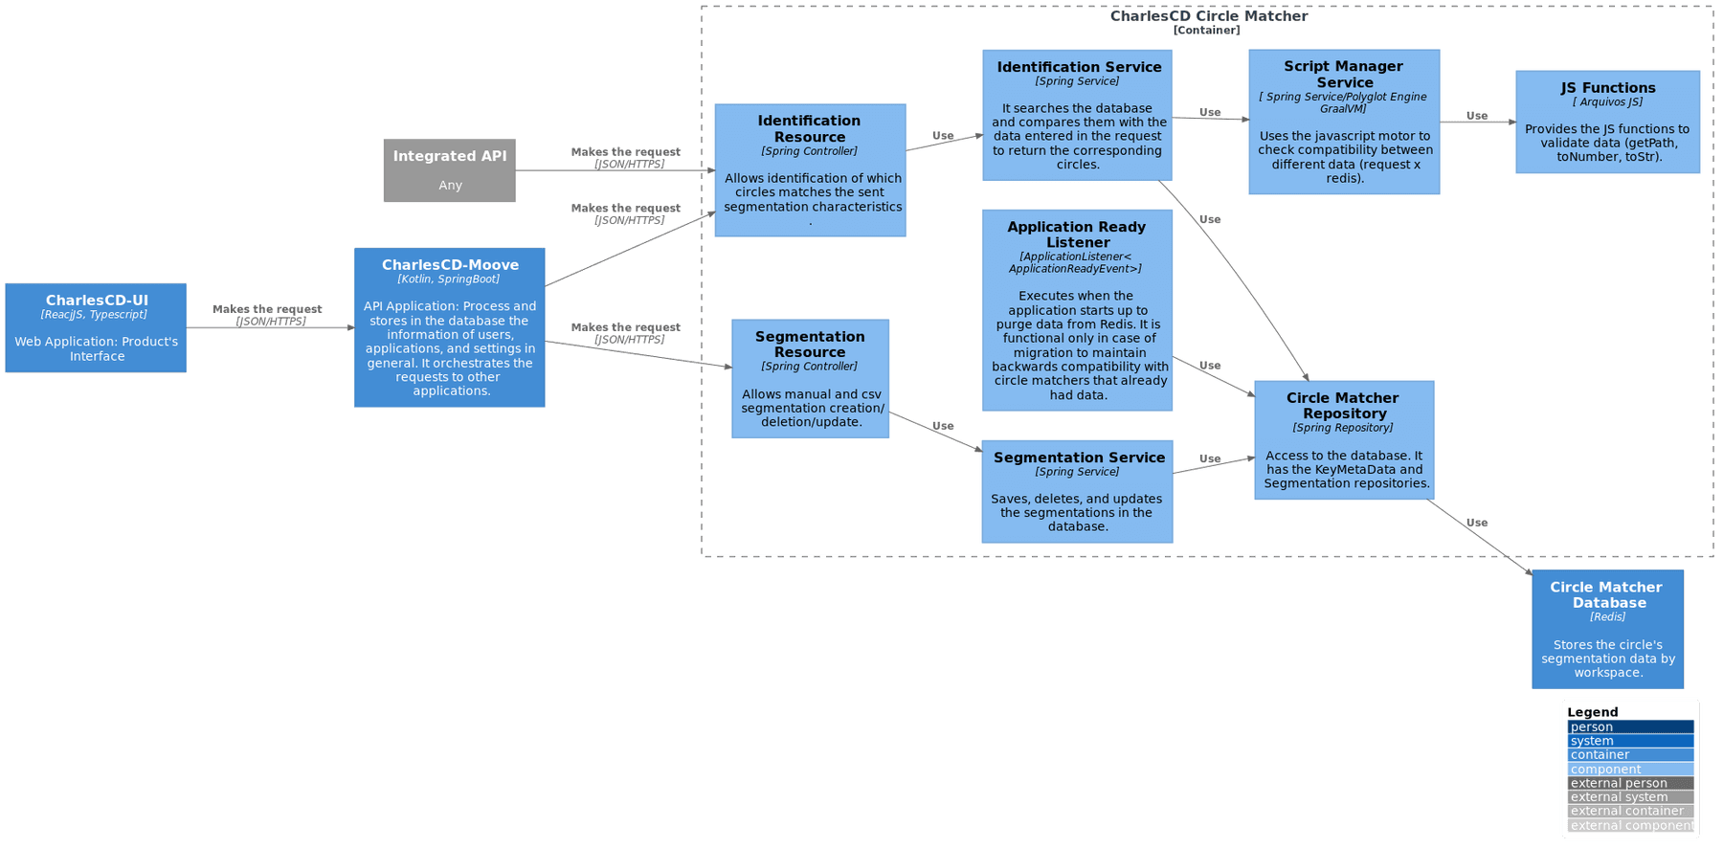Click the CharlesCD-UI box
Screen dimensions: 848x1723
click(95, 327)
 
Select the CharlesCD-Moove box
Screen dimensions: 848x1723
click(450, 327)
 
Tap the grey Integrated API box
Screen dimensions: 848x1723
click(450, 170)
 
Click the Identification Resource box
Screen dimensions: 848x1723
click(810, 170)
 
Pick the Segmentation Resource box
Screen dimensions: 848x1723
click(810, 379)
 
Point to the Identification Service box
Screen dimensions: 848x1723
click(1077, 115)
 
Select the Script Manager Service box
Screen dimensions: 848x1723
click(1344, 122)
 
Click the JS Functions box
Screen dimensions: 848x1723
click(1607, 122)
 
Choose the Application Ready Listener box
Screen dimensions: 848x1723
click(1077, 310)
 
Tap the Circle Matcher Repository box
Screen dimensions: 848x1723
click(1344, 440)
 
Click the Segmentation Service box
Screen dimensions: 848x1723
click(1077, 491)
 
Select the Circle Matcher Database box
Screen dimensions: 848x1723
click(1607, 629)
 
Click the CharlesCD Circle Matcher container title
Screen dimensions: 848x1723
click(1208, 16)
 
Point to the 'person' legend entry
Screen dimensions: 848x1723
click(1630, 727)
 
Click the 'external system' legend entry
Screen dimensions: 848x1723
click(1630, 797)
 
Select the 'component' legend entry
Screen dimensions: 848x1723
click(1630, 770)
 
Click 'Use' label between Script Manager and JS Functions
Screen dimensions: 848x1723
click(1477, 116)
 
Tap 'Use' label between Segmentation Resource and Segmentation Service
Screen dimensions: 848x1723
click(943, 426)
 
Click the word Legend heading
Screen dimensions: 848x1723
click(1592, 712)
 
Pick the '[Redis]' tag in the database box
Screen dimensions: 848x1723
click(1607, 617)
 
